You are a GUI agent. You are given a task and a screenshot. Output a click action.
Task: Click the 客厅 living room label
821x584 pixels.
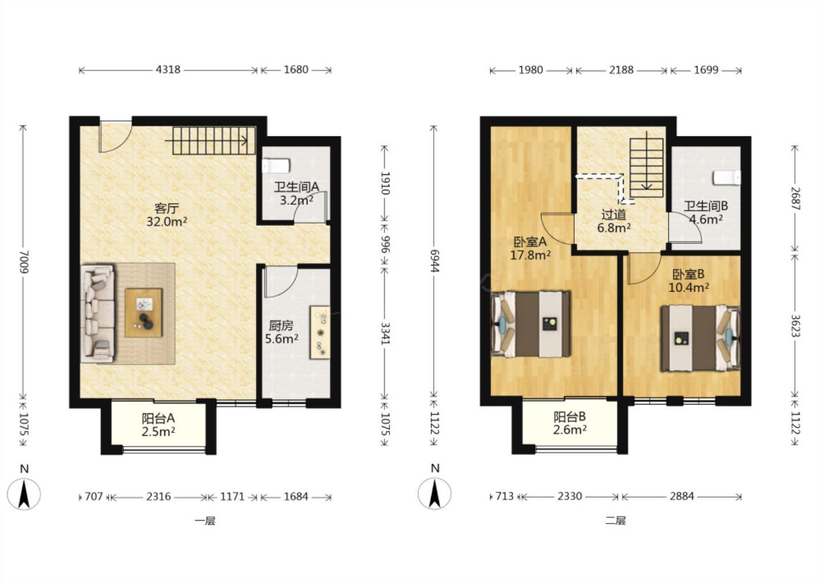point(166,209)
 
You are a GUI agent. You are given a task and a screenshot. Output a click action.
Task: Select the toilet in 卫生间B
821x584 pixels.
point(727,178)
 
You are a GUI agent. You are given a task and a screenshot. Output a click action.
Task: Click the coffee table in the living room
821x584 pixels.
point(144,313)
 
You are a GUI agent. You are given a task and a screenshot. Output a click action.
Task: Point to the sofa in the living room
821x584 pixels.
point(97,314)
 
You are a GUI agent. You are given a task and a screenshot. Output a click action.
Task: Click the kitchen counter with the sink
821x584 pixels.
point(320,332)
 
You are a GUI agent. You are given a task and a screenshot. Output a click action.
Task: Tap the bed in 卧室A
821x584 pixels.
point(531,324)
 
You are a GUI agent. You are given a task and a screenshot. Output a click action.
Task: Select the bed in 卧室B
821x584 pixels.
point(701,338)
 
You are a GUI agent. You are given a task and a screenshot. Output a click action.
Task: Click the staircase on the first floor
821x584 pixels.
point(214,140)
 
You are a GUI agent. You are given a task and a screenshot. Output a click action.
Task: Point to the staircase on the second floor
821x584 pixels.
point(647,168)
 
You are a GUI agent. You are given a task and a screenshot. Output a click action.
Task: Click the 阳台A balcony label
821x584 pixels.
point(158,418)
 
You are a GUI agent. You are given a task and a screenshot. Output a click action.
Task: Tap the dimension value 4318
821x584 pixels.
point(168,70)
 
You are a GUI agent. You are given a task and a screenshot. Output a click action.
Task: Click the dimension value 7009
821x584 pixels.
point(24,262)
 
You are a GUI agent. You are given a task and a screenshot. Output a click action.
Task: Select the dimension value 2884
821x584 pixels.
point(682,496)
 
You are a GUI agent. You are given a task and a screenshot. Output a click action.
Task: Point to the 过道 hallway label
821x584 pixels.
point(613,215)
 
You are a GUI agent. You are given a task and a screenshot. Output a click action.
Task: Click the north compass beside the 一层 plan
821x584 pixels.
point(24,494)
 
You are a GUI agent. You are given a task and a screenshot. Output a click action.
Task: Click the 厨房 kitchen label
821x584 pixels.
point(281,326)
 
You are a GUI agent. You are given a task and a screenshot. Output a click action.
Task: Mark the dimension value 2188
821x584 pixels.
point(621,70)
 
